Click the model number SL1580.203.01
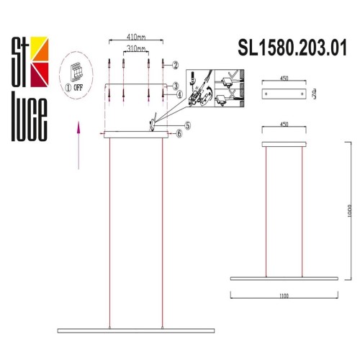point(292,48)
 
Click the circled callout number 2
point(174,65)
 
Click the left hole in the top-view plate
point(268,94)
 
